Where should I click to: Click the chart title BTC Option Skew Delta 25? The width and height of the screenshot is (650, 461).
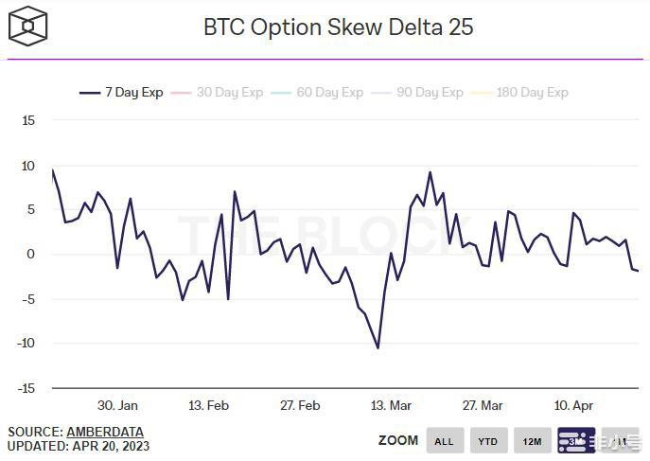pos(338,27)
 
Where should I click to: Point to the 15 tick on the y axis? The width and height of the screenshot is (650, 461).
pos(28,121)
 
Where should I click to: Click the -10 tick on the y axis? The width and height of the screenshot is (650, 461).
pos(26,344)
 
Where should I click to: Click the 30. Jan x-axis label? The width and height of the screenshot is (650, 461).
pos(117,405)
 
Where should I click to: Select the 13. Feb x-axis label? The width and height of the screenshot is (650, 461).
pos(208,405)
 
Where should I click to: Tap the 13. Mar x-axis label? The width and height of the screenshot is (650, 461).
pos(391,405)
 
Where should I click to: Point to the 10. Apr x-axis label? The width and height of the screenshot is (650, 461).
pos(573,405)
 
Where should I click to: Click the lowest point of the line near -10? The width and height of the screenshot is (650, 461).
pos(378,347)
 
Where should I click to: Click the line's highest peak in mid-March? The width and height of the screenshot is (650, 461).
pos(430,172)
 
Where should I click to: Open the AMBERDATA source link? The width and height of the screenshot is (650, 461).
pos(105,432)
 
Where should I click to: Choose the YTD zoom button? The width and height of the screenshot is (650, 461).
pos(488,441)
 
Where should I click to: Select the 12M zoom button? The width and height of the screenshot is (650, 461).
pos(532,441)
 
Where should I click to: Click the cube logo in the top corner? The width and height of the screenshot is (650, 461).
pos(28,26)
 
